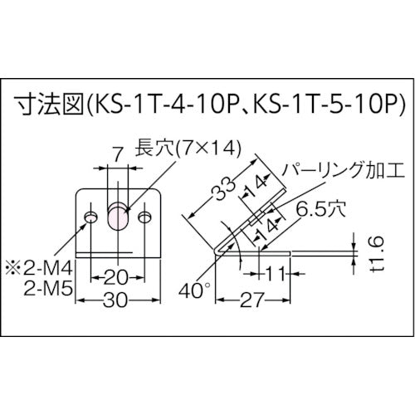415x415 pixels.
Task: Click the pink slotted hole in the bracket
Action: click(117, 217)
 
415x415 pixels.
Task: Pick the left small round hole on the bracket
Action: click(90, 217)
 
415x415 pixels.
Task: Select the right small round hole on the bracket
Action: click(145, 217)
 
